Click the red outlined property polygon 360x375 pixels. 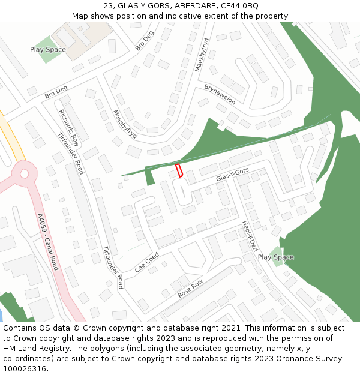click(x=178, y=170)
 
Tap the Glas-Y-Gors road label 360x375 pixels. click(x=232, y=176)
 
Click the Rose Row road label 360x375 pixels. click(x=190, y=289)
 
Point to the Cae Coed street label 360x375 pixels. click(x=147, y=262)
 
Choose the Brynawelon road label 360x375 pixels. click(x=220, y=94)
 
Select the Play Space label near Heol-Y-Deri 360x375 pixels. click(x=275, y=257)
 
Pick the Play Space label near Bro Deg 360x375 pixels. click(x=48, y=50)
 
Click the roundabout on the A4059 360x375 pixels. click(x=25, y=175)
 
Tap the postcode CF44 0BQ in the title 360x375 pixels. click(x=244, y=5)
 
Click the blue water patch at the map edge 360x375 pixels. click(x=1, y=316)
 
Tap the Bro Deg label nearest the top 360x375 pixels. click(x=145, y=41)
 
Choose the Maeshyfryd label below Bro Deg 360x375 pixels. click(x=125, y=124)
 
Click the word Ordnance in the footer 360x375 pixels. click(x=293, y=358)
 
